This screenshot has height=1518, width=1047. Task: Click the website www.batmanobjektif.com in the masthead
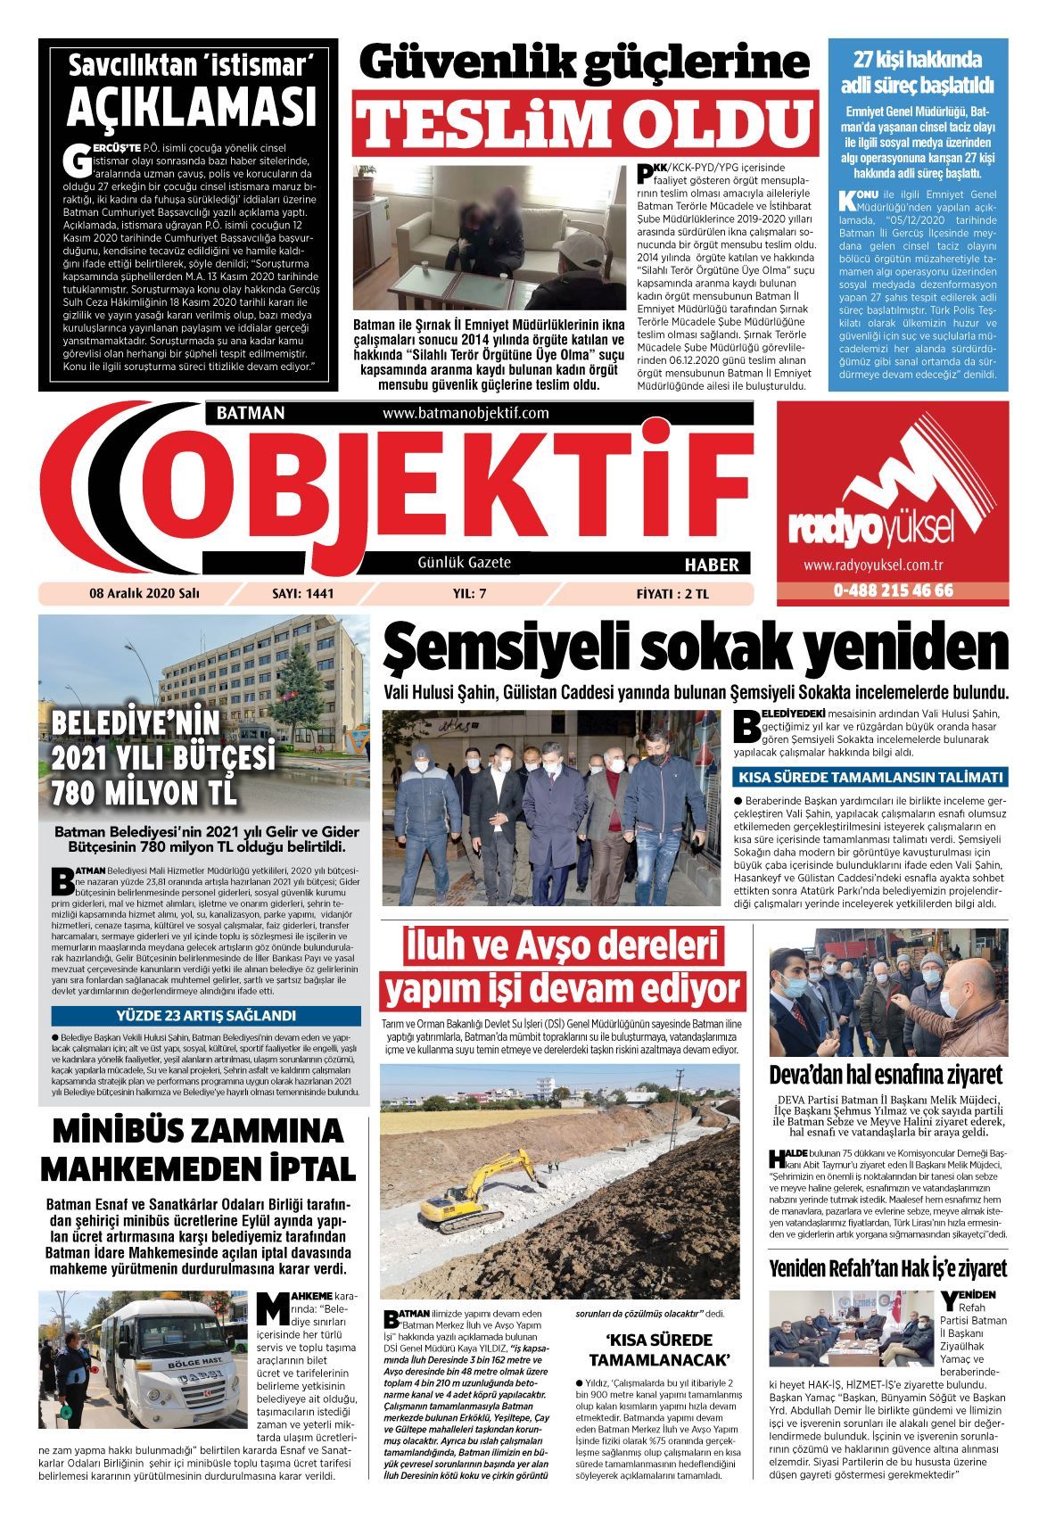pos(465,413)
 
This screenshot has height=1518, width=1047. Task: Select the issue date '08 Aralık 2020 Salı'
pos(144,593)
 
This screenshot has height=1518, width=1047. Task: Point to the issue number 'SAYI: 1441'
pos(301,593)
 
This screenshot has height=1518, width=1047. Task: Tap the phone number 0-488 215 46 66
pos(893,590)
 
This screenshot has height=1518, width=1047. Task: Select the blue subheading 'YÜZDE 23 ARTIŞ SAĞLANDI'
pos(206,1016)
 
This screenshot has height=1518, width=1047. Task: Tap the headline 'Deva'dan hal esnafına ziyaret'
pos(886,1074)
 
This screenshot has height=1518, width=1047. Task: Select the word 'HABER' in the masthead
pos(711,565)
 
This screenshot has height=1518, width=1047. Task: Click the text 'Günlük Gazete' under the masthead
pos(464,563)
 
